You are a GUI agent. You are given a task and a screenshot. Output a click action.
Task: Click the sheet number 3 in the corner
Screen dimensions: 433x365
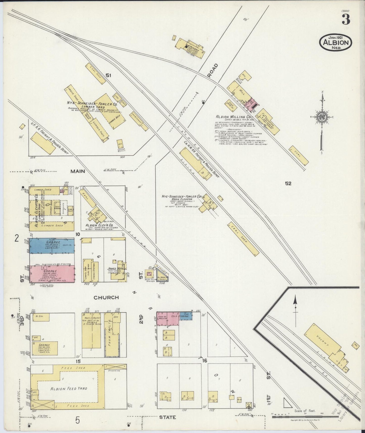(346, 19)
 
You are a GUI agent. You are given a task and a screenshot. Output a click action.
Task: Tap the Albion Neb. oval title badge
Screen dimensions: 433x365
(336, 42)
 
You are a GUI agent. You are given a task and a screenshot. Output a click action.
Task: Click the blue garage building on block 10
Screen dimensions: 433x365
(52, 245)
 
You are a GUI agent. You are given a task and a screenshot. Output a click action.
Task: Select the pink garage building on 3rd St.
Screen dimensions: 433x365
(52, 273)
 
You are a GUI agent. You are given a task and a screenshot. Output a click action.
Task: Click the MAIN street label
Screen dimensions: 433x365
(78, 171)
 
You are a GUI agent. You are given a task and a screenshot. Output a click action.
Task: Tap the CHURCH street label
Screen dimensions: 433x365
(106, 297)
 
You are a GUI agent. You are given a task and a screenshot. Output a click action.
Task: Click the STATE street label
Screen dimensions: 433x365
(167, 417)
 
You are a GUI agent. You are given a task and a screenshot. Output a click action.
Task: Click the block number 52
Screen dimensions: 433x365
(288, 183)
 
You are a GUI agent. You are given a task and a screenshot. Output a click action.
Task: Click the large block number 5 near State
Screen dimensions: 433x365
(77, 420)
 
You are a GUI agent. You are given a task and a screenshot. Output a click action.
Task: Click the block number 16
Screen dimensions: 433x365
(205, 360)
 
